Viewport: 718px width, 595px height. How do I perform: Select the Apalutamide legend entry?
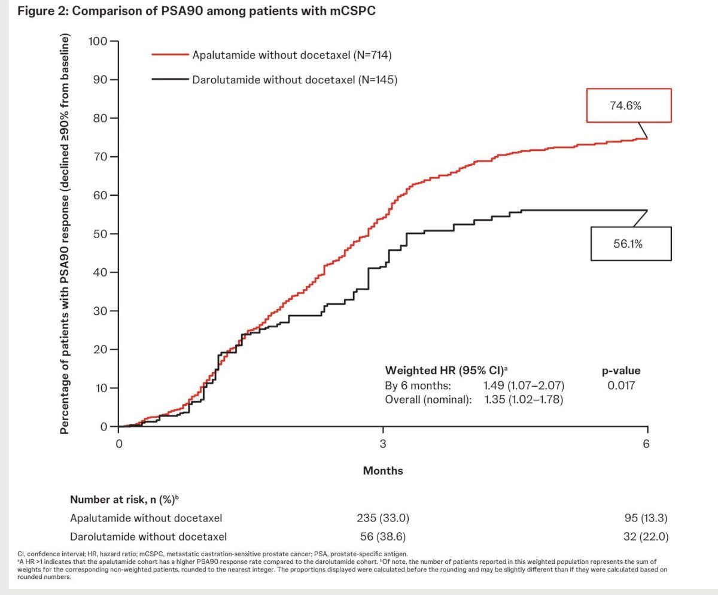pos(272,55)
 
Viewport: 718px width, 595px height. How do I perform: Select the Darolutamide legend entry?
pos(275,80)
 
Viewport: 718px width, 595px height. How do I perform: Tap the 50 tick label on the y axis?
pos(100,234)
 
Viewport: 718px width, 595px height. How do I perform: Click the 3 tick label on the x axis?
pos(383,444)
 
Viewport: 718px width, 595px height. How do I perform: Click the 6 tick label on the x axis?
pos(646,444)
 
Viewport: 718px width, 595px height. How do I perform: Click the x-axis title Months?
pos(383,470)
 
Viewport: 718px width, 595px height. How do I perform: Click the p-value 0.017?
pos(621,385)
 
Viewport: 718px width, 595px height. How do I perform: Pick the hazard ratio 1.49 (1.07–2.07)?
pos(524,385)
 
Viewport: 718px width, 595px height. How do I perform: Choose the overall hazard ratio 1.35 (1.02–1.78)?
pos(524,399)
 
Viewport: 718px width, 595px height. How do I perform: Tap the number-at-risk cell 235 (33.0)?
pos(383,518)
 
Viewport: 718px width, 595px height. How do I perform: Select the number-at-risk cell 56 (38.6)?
pos(383,536)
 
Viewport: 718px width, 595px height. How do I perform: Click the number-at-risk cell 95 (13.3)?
pos(646,518)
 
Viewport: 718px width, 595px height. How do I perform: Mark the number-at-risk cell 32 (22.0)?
pos(646,536)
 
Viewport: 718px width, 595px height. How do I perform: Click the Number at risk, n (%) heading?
pos(124,499)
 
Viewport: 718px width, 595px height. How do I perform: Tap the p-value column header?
pos(621,371)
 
